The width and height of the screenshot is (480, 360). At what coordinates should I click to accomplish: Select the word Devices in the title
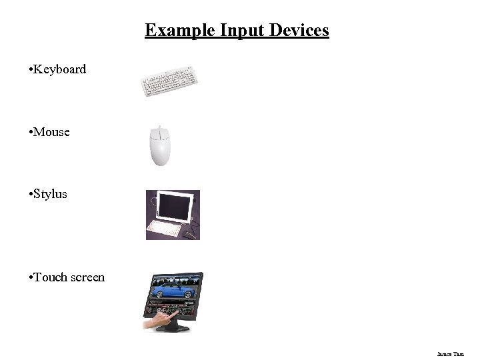[x=299, y=31]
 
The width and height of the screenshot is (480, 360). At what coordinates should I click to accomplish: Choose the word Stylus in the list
[x=50, y=195]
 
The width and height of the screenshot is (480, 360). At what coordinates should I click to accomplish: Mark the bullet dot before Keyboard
[x=31, y=69]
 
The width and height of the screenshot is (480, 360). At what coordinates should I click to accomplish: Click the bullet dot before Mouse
[x=31, y=132]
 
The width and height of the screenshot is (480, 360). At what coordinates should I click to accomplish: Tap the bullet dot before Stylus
[x=31, y=195]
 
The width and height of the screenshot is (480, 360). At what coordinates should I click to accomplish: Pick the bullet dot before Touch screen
[x=31, y=277]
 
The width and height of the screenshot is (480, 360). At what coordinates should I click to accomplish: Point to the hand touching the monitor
[x=157, y=323]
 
